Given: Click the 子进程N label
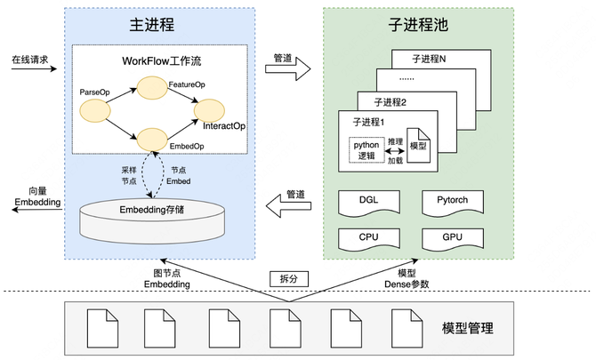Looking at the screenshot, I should (431, 59).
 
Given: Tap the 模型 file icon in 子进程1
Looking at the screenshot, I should (418, 148).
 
